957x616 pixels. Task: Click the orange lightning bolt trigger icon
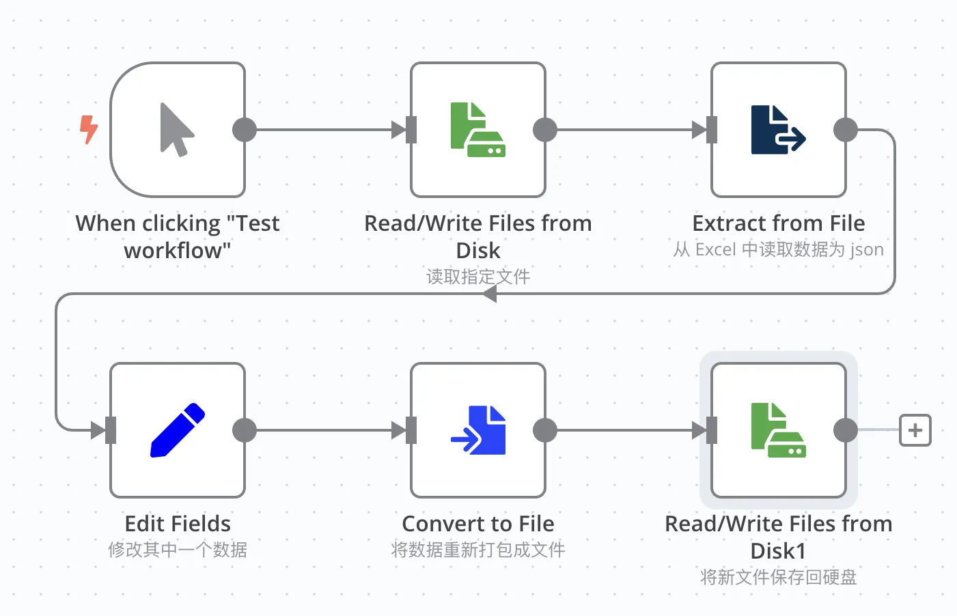click(89, 130)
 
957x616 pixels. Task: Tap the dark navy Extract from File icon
click(778, 130)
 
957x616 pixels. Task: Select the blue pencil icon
click(178, 430)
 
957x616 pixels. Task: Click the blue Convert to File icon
click(478, 430)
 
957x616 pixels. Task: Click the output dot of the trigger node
click(245, 130)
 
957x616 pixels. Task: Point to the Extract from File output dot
click(846, 130)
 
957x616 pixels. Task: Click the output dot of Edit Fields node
click(245, 430)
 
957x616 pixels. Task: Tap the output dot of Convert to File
click(545, 430)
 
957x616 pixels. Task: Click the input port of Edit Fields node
click(111, 430)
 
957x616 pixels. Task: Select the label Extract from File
click(779, 223)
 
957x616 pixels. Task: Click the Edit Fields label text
click(178, 523)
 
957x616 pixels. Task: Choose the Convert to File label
click(478, 523)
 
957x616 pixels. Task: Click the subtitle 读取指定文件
click(478, 277)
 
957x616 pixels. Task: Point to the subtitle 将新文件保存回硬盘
click(779, 576)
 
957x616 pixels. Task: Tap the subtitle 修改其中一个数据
click(178, 549)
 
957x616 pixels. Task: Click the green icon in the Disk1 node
click(779, 430)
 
